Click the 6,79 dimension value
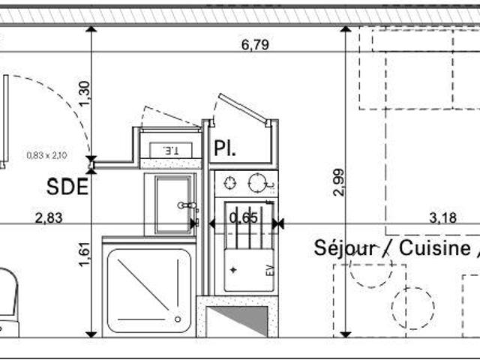click(x=255, y=45)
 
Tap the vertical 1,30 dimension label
click(x=85, y=94)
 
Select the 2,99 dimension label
click(x=339, y=182)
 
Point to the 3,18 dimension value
click(x=442, y=218)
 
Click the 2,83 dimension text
click(x=49, y=218)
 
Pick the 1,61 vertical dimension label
click(x=85, y=254)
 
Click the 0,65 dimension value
click(x=244, y=218)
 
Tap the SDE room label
click(x=67, y=187)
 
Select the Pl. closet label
click(x=225, y=148)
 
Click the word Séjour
click(x=345, y=248)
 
